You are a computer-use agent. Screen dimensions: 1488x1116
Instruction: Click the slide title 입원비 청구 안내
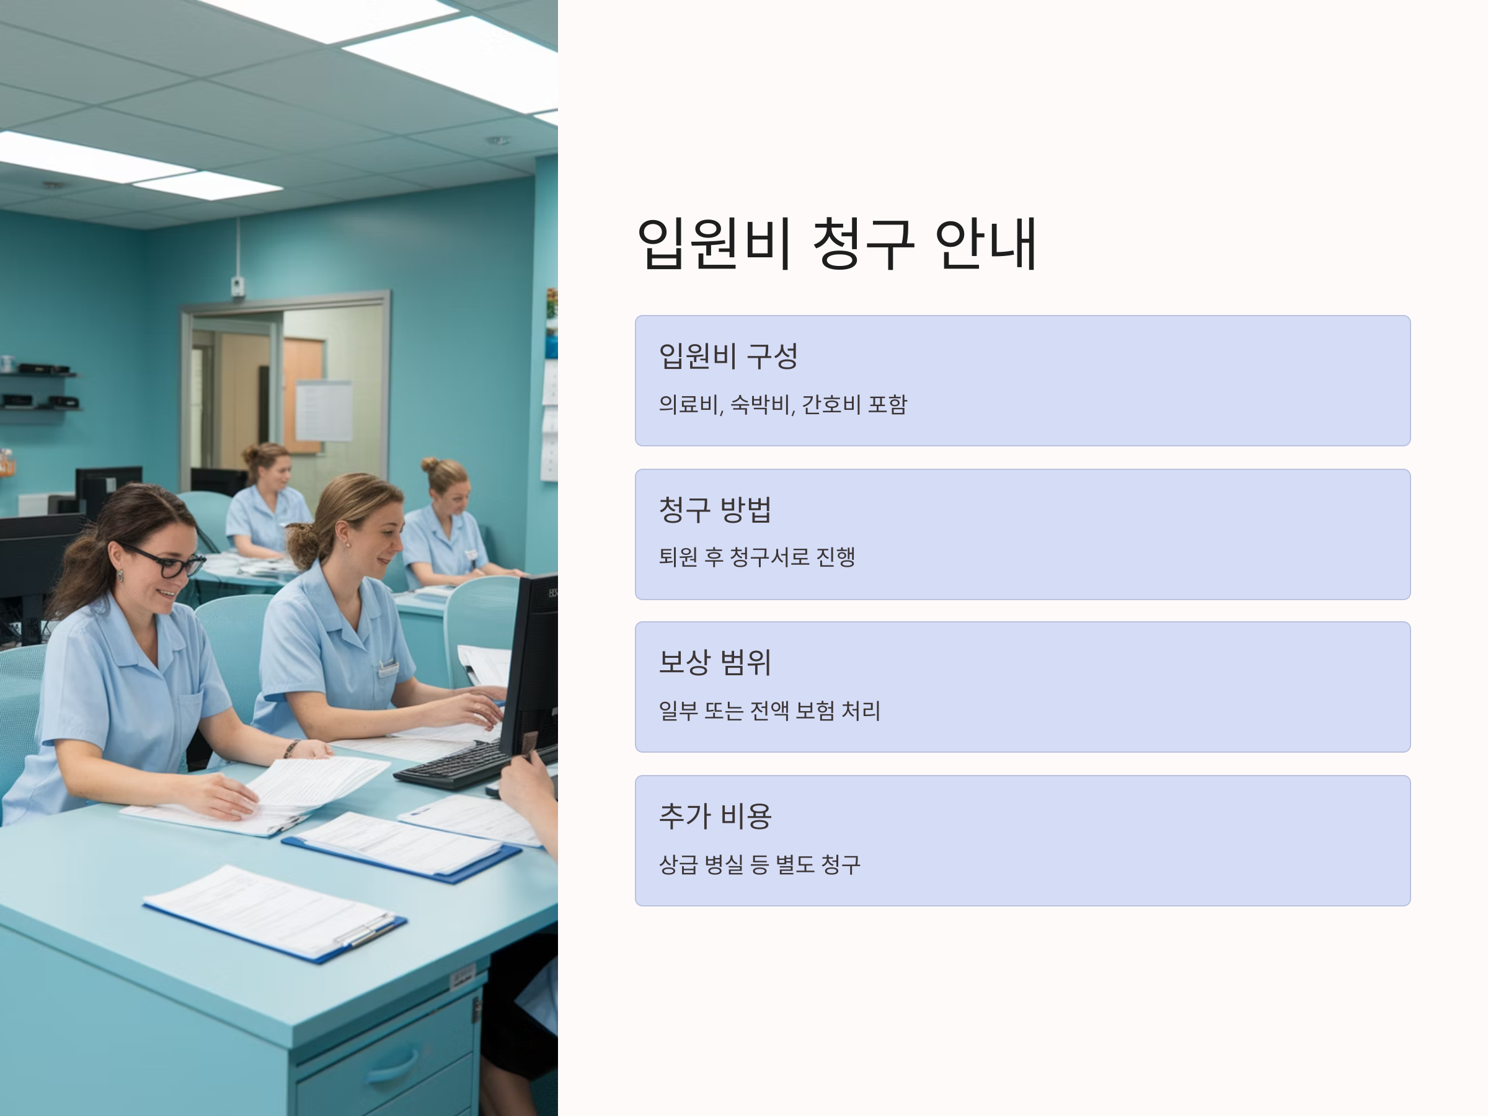point(837,243)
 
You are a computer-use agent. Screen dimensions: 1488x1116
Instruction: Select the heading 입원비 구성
point(728,356)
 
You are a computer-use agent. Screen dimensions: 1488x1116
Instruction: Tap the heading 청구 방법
point(715,509)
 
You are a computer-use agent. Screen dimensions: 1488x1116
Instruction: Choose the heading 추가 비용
point(715,816)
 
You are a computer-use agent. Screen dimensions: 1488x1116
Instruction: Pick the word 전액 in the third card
point(769,711)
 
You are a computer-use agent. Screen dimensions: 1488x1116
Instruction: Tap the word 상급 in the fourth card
point(678,864)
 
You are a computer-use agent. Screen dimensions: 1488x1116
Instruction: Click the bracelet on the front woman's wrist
point(291,748)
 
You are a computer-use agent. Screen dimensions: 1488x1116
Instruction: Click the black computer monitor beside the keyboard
point(530,666)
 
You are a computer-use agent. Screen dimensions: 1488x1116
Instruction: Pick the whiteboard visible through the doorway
point(324,410)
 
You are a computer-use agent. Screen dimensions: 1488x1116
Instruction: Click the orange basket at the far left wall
point(7,465)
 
